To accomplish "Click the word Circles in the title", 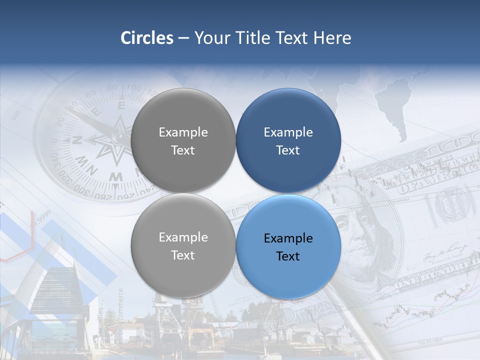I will [147, 38].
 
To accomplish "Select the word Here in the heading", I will [332, 38].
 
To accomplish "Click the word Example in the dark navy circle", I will [288, 132].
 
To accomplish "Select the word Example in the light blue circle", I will [288, 238].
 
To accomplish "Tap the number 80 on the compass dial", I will [112, 88].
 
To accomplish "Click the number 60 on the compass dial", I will [91, 94].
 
